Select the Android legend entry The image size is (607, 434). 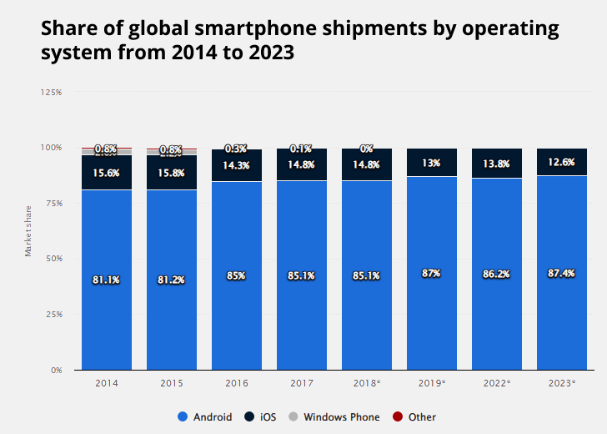pos(205,416)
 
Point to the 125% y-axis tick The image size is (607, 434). pos(51,92)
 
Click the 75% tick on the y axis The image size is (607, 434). pos(53,203)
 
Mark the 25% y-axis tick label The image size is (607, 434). pos(53,315)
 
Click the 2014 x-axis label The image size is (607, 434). pos(106,382)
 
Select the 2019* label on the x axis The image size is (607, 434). pos(431,382)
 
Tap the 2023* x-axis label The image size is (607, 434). pos(561,382)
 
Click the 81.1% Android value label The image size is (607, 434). pos(106,280)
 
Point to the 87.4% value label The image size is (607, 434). pos(561,274)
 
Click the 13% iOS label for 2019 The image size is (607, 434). pos(431,164)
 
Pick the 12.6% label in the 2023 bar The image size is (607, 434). pos(561,162)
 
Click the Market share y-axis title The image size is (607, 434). pos(28,230)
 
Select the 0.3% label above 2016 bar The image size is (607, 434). pos(236,149)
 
